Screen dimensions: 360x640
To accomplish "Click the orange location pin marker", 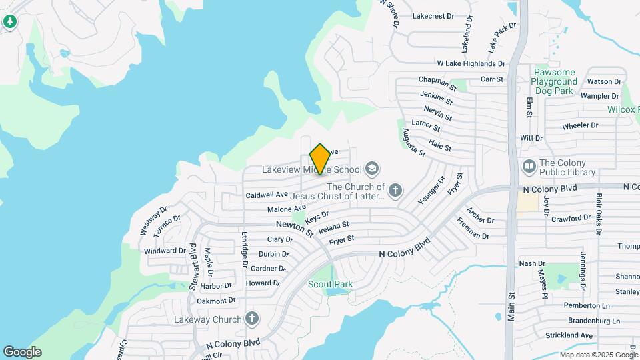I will pos(320,159).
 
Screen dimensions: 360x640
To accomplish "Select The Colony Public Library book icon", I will pos(529,165).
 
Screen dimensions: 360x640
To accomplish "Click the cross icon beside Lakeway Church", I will pos(251,319).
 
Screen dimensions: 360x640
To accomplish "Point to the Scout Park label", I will pos(330,284).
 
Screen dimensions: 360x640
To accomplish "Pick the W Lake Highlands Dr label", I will pos(471,63).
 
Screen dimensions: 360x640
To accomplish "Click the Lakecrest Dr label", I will pos(433,15).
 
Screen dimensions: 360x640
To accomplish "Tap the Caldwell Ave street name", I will pos(267,195).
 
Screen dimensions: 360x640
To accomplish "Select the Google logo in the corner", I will pos(22,352).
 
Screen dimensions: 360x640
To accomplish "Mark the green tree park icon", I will pos(9,22).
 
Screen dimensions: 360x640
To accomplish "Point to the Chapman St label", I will pos(437,83).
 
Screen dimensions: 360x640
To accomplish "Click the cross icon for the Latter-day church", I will pos(395,191).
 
